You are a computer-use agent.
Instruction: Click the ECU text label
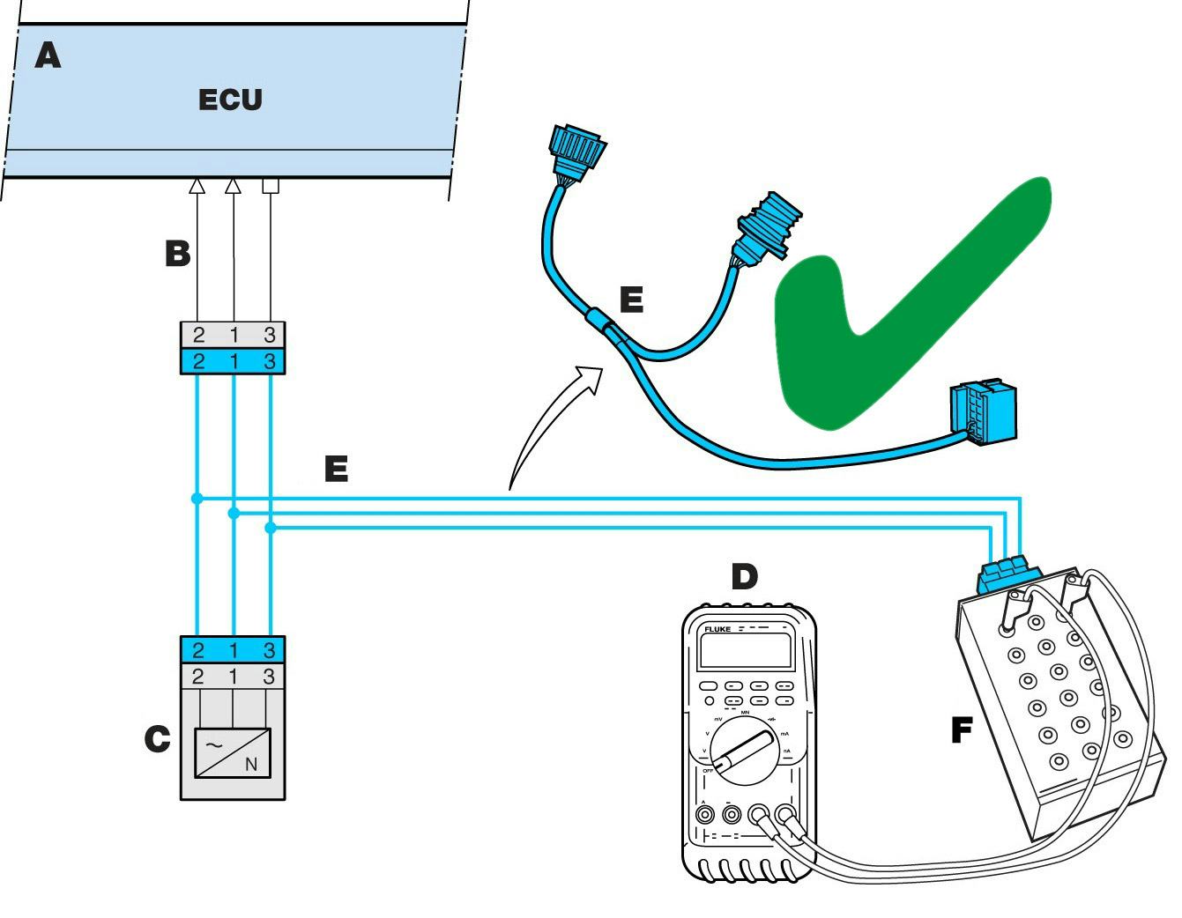click(230, 100)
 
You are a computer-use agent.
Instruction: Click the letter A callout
click(48, 56)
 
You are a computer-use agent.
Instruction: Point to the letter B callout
click(177, 254)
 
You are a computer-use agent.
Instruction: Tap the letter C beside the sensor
click(157, 739)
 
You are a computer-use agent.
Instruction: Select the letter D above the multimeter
click(744, 577)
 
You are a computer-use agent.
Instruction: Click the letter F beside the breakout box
click(963, 730)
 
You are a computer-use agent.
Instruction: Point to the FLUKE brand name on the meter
click(717, 630)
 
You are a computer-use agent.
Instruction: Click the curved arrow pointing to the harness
click(555, 423)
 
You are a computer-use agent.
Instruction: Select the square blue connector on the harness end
click(983, 411)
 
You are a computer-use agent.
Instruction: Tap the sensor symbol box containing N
click(233, 752)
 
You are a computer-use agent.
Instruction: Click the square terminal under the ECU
click(271, 186)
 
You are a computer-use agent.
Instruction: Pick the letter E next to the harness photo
click(631, 300)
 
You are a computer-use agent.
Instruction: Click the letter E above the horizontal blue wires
click(336, 469)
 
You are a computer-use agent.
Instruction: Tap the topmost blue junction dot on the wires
click(197, 499)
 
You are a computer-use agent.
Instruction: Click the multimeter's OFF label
click(708, 770)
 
